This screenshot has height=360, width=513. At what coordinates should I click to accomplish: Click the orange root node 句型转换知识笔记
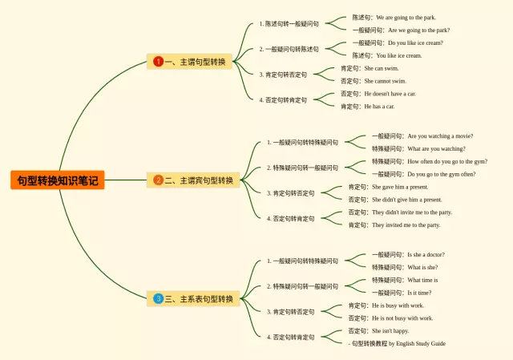[57, 180]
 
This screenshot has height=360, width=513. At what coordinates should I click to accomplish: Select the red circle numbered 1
[159, 62]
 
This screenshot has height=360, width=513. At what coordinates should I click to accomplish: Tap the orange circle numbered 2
[159, 180]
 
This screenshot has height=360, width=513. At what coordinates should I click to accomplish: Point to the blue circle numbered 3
[159, 299]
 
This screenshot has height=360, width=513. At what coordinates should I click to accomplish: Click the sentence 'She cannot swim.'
[385, 81]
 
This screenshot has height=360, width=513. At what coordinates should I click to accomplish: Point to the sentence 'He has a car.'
[379, 106]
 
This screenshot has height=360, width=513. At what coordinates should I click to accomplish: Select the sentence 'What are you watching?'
[436, 148]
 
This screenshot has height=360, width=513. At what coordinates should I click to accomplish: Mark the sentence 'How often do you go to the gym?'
[446, 161]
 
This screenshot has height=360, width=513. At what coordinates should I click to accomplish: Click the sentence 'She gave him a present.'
[400, 187]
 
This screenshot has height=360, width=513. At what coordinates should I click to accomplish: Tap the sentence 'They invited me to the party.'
[406, 225]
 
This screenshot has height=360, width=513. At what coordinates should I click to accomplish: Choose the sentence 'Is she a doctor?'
[426, 254]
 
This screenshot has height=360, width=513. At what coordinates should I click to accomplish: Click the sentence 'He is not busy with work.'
[402, 318]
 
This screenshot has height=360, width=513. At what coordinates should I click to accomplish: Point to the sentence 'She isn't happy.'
[390, 330]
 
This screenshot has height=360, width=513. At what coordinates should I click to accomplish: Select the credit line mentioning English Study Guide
[398, 343]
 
